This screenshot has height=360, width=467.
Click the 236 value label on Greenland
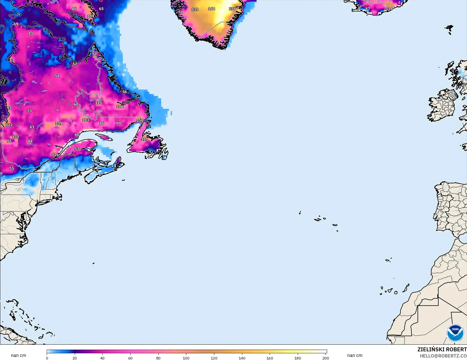(232, 9)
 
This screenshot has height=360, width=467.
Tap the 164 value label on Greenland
(212, 9)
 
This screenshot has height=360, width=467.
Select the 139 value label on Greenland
(195, 10)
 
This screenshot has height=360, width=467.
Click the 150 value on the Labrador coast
(140, 120)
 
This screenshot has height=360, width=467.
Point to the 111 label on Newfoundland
(145, 139)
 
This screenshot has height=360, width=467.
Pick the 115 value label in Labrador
(98, 103)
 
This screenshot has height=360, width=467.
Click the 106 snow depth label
(120, 106)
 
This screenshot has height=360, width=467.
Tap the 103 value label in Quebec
(86, 120)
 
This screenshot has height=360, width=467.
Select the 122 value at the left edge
(9, 125)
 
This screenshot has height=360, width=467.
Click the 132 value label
(15, 137)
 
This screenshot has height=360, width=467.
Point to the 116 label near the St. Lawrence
(55, 154)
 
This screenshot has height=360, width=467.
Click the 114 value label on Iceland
(389, 9)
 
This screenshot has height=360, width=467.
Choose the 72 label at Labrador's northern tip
(94, 54)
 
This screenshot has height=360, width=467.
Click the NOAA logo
(455, 333)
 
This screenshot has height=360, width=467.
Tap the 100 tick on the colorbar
(186, 358)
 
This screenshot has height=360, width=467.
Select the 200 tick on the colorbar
(325, 358)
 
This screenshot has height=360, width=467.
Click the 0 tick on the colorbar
(47, 358)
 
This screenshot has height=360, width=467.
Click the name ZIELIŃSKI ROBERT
(442, 349)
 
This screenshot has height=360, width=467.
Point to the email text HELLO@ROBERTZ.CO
(443, 356)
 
